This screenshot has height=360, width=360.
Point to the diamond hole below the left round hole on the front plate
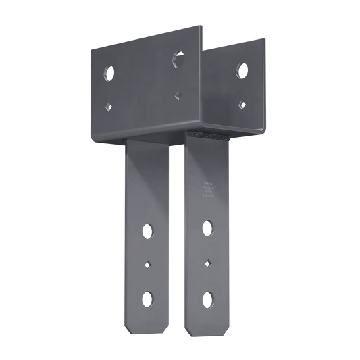coord(107,105)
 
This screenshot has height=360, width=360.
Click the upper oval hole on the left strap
coord(147,230)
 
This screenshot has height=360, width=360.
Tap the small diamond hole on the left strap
coord(147,264)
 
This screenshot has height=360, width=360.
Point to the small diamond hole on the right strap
coord(208,261)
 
